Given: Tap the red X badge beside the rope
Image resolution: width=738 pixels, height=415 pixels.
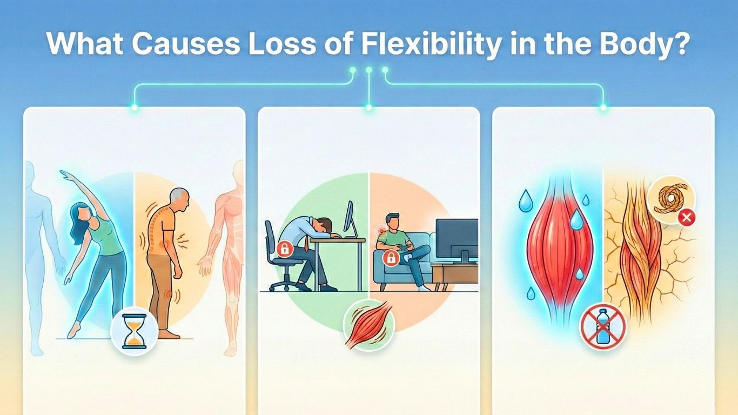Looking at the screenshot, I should click(x=687, y=218).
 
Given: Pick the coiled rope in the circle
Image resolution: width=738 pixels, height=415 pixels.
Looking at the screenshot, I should click(x=669, y=199).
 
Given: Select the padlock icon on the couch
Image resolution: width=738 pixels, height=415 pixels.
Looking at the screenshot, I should click(x=390, y=258).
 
